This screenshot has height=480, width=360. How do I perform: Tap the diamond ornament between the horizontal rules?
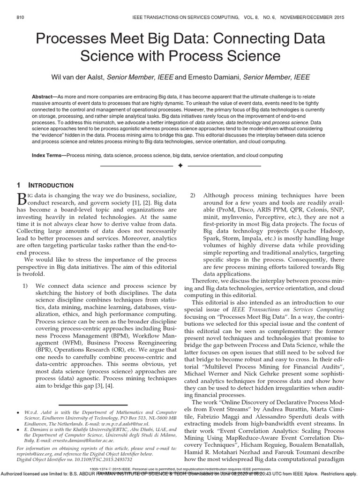(180, 166)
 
